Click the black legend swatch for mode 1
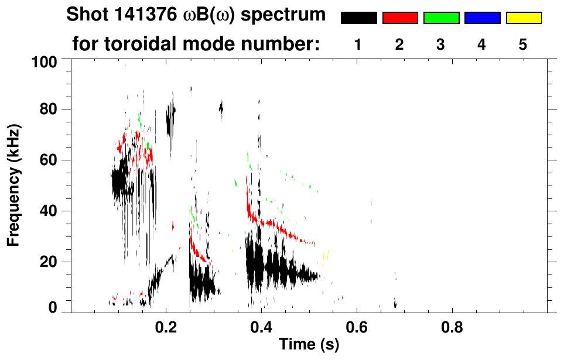point(358,18)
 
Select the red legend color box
point(400,18)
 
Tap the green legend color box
point(441,18)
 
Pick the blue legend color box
point(482,18)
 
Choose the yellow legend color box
point(523,18)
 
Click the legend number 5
point(523,45)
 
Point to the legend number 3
point(441,45)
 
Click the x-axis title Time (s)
point(308,344)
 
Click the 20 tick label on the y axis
point(51,262)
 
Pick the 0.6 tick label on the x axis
point(356,325)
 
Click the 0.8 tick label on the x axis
point(451,325)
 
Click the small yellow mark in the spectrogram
point(326,255)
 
